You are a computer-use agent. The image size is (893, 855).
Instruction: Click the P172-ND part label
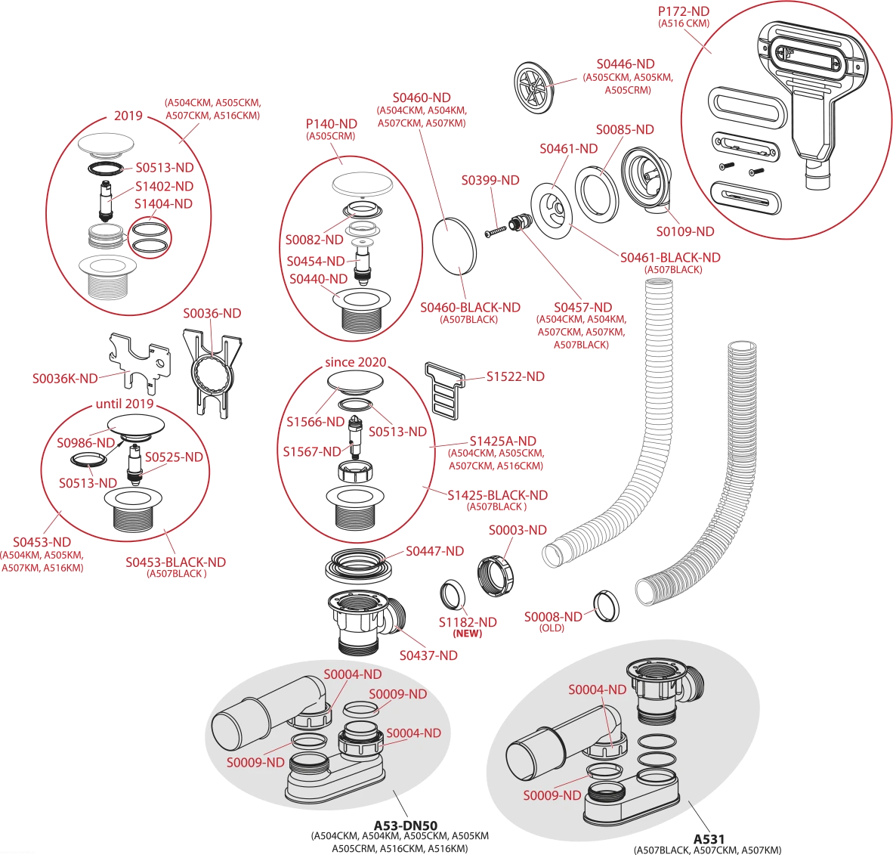[x=684, y=11]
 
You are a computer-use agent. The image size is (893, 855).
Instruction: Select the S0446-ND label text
[x=626, y=64]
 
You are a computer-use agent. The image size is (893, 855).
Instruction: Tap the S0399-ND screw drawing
[x=496, y=231]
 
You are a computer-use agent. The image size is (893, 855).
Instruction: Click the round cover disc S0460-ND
[x=454, y=246]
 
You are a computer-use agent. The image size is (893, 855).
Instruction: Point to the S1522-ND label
[x=515, y=376]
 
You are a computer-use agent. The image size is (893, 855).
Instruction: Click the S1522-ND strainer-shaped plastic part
[x=444, y=391]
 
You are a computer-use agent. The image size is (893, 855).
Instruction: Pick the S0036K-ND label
[x=65, y=379]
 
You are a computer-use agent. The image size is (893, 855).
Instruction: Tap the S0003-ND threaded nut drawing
[x=494, y=576]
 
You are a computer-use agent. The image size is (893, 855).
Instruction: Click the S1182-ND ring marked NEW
[x=453, y=596]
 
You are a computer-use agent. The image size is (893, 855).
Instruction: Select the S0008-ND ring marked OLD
[x=606, y=606]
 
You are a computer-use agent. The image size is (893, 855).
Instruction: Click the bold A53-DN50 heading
[x=406, y=826]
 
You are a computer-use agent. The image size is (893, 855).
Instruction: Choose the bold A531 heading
[x=709, y=839]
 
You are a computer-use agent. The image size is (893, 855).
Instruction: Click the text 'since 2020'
[x=355, y=362]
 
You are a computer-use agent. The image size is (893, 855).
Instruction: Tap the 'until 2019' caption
[x=125, y=404]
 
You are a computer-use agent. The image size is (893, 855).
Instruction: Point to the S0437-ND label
[x=428, y=655]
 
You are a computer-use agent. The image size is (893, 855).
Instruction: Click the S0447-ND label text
[x=434, y=551]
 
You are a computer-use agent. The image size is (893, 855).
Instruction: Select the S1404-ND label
[x=163, y=204]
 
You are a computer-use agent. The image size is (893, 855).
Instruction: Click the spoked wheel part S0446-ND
[x=534, y=88]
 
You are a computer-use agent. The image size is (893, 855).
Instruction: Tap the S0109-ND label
[x=685, y=231]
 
